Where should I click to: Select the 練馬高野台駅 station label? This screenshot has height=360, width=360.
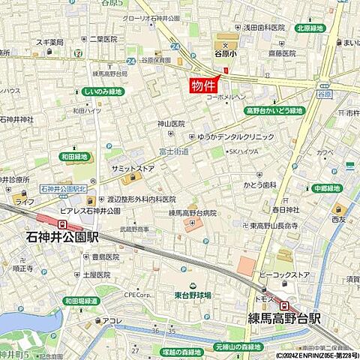point(284,319)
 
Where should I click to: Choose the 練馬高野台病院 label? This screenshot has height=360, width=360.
point(192,213)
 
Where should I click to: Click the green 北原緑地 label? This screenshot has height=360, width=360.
point(310,28)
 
